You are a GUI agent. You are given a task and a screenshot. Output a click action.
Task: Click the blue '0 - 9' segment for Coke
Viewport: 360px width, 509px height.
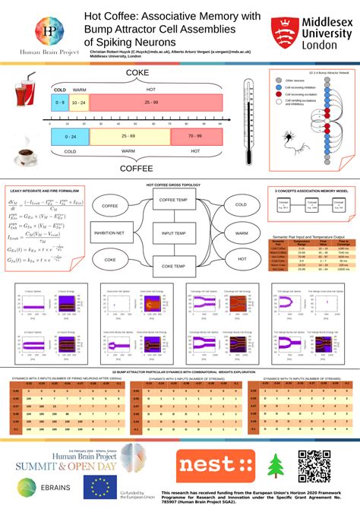(x=58, y=102)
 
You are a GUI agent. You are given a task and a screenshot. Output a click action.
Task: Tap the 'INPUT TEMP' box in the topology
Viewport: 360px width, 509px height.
(x=175, y=232)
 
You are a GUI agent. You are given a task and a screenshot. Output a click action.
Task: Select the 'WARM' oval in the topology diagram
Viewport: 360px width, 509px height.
(x=241, y=232)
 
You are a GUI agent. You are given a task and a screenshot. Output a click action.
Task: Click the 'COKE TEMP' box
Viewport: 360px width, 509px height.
(x=175, y=266)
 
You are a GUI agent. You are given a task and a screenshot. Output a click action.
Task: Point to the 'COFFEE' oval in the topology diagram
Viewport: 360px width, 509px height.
(x=110, y=205)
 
